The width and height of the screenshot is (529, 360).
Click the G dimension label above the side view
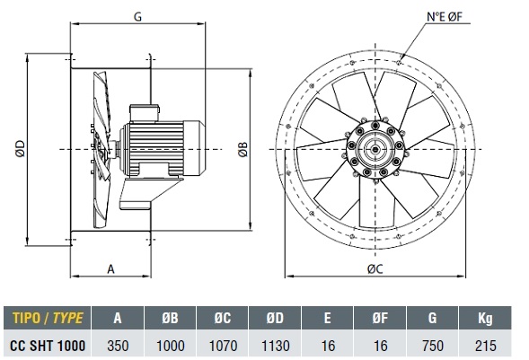click(137, 16)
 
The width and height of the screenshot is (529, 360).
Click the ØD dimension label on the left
click(21, 149)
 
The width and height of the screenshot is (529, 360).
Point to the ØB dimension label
click(242, 149)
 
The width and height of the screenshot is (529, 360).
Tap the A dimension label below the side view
click(111, 269)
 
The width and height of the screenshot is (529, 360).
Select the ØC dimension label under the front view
click(375, 268)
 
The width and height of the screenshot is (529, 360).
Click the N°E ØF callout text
click(444, 16)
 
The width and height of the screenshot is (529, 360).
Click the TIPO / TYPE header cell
click(48, 318)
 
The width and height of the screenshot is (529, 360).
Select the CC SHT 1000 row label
click(48, 346)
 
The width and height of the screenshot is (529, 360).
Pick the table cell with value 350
click(118, 346)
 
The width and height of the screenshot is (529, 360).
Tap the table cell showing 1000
click(171, 346)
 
